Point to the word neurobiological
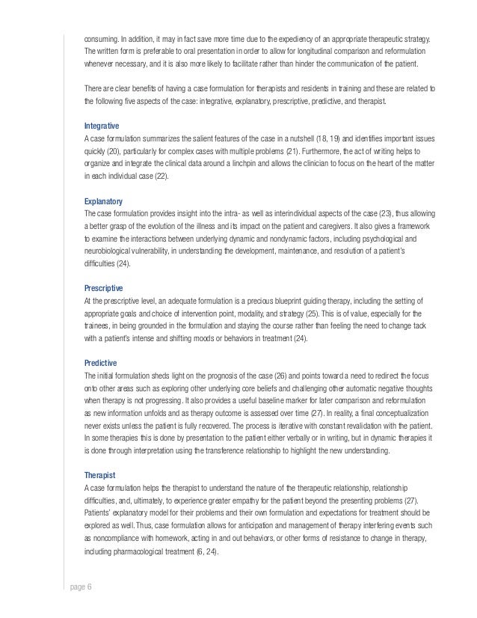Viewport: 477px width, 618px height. click(x=113, y=252)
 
